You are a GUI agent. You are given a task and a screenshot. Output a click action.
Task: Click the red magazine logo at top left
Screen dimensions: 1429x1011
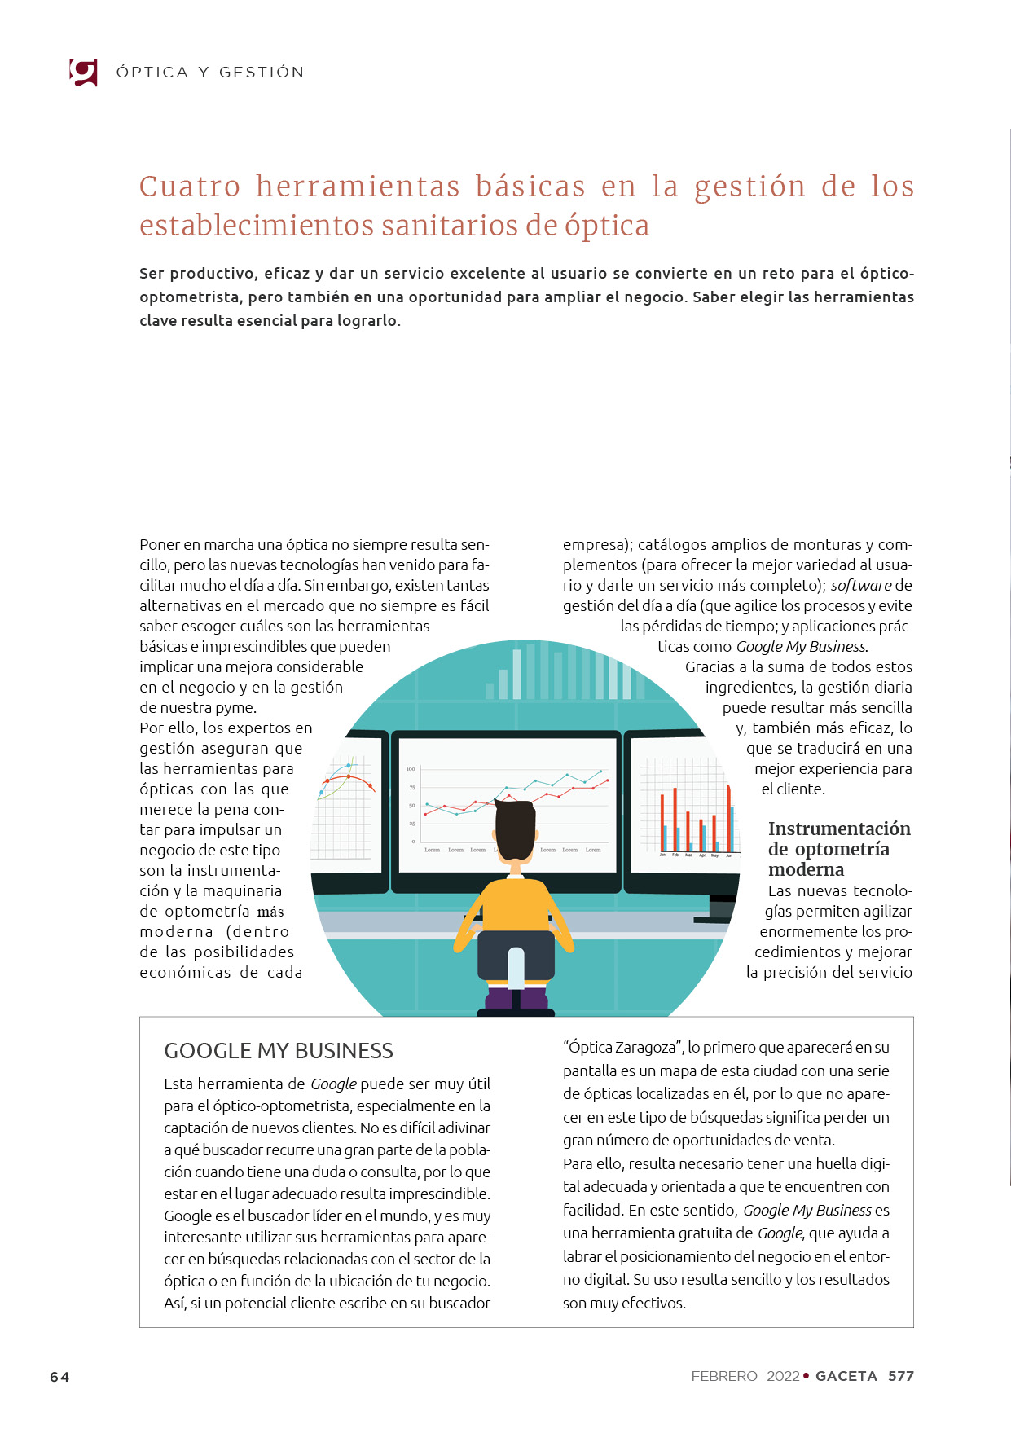pos(84,73)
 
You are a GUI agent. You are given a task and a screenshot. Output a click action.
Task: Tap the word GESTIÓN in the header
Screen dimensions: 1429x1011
pos(262,73)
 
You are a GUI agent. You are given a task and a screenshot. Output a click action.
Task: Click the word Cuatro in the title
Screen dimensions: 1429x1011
pos(190,187)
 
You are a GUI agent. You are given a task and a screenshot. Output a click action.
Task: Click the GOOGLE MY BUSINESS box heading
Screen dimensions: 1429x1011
pos(279,1051)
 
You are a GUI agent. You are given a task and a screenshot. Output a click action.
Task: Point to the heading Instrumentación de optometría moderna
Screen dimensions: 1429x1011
pos(839,849)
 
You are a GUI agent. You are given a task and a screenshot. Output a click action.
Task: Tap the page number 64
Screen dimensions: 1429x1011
pos(59,1377)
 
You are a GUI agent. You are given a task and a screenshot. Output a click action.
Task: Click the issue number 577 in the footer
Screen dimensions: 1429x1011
pos(900,1376)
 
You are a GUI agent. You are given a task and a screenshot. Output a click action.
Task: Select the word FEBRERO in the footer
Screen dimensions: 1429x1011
pos(723,1376)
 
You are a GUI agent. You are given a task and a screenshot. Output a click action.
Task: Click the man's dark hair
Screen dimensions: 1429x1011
pos(515,827)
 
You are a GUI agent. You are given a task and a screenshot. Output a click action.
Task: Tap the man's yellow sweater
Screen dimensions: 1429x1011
pos(515,904)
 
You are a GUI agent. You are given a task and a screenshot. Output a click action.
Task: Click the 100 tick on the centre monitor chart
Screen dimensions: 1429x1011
pos(411,768)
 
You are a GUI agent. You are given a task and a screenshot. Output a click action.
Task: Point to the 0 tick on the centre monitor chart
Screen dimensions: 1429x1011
pos(413,841)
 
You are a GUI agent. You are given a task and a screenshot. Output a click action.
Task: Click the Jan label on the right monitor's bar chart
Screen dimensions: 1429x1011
pos(662,855)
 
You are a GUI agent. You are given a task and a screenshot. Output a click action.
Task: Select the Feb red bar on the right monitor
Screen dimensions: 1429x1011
pos(675,819)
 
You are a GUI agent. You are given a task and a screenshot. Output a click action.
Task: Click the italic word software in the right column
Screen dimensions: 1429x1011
pos(860,585)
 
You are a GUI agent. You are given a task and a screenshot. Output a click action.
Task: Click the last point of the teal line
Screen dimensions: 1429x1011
pos(600,771)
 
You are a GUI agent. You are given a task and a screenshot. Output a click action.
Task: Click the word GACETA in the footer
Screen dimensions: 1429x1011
pos(846,1376)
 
